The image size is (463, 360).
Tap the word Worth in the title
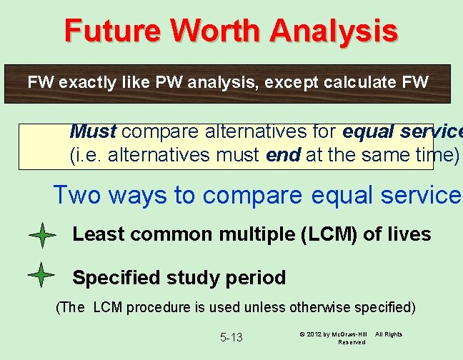[x=216, y=31]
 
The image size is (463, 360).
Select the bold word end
[x=282, y=154]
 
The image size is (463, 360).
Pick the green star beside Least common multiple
[x=43, y=235]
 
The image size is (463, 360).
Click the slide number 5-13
[x=231, y=337]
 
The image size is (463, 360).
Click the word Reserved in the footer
[x=352, y=343]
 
